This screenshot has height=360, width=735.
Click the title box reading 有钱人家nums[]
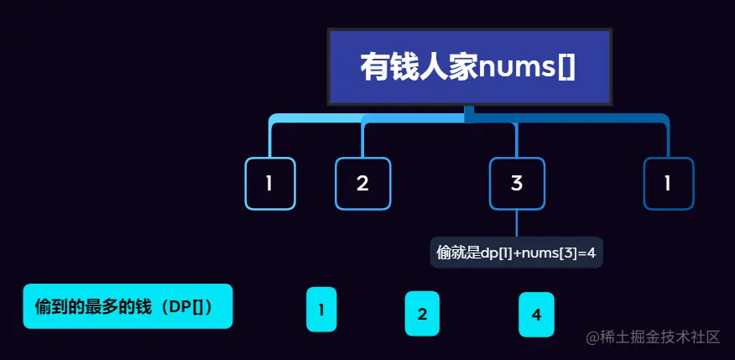(x=469, y=67)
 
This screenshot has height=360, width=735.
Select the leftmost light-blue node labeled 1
(x=269, y=183)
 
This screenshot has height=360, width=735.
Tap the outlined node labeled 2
(x=362, y=183)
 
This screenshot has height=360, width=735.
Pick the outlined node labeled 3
(x=517, y=183)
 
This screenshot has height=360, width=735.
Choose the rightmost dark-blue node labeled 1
(x=668, y=183)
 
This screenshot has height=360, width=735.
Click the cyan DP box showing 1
(x=321, y=310)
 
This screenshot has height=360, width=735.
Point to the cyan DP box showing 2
(x=423, y=314)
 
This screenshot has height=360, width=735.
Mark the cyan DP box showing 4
(x=536, y=314)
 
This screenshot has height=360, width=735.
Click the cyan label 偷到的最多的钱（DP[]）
(x=128, y=306)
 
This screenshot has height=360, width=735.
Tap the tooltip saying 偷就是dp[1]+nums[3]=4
(x=517, y=252)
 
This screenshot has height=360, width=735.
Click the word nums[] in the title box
(x=527, y=67)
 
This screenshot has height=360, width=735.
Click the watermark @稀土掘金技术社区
(x=654, y=337)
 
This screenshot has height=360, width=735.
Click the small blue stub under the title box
(x=469, y=113)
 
